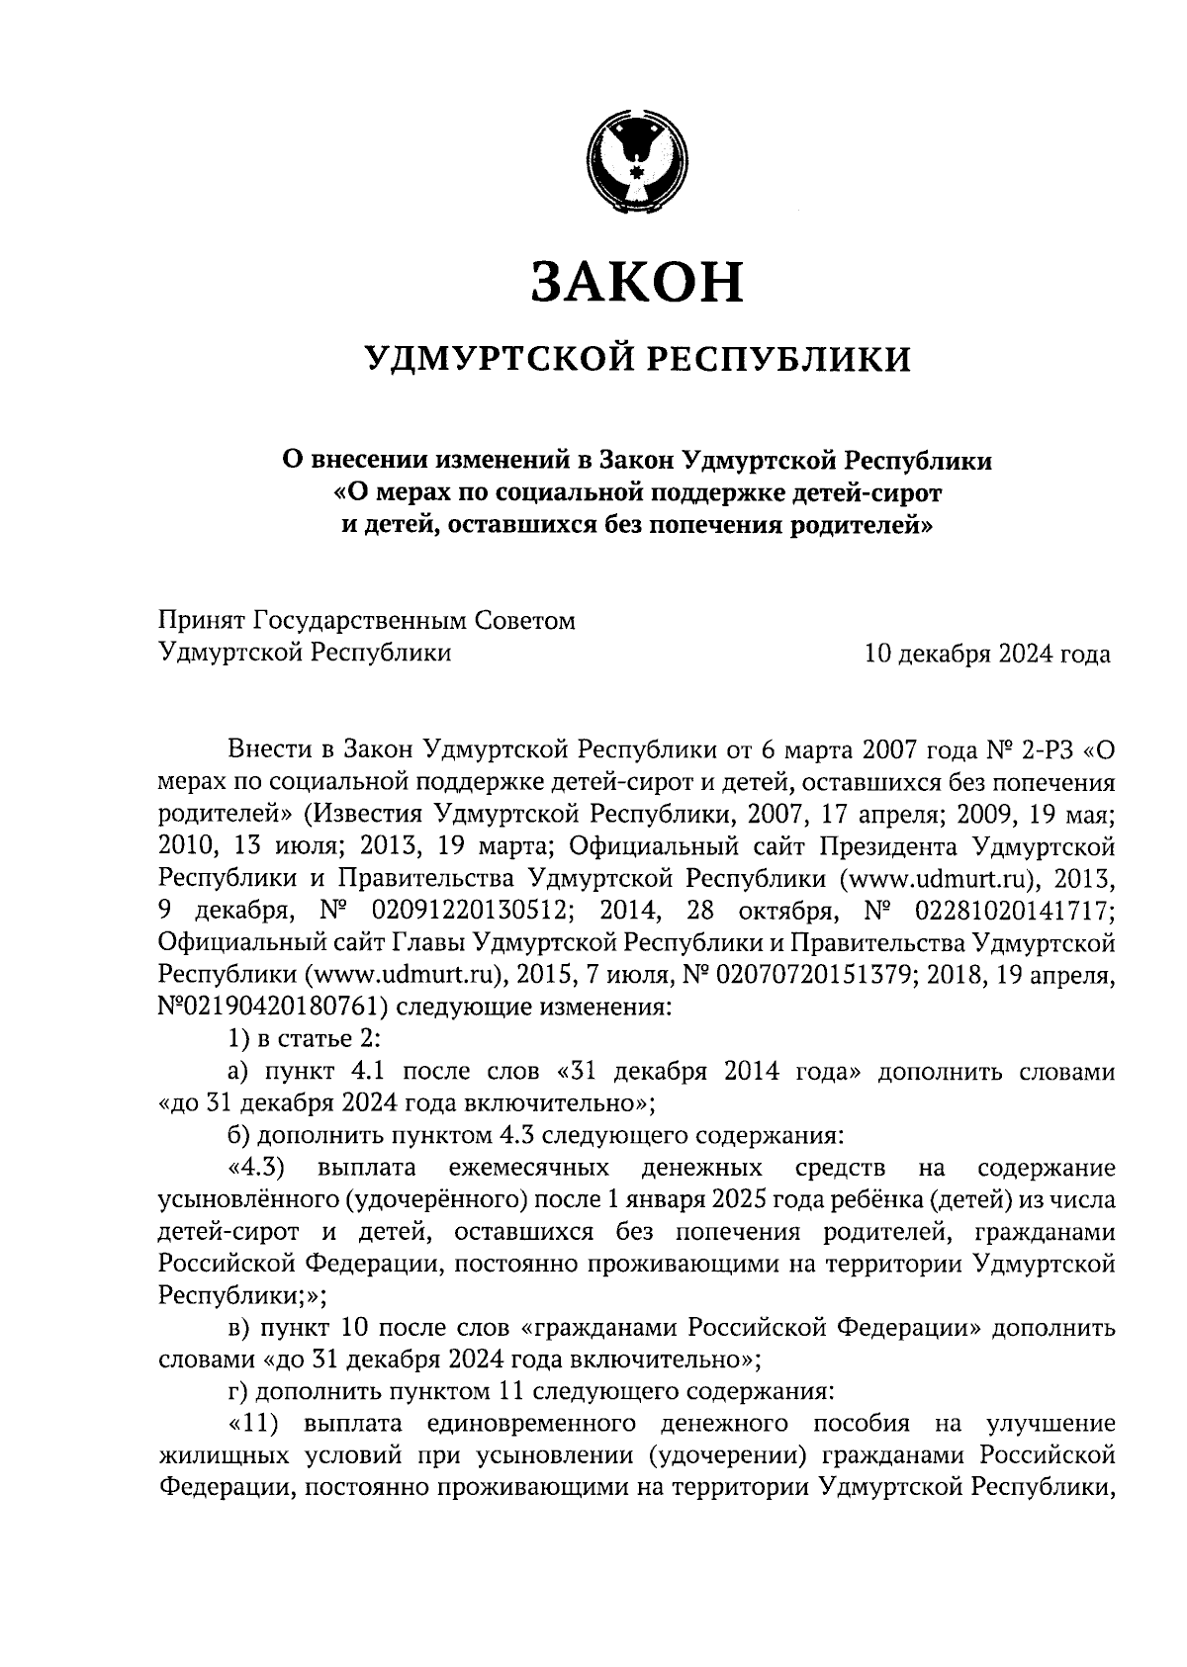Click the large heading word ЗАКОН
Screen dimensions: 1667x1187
pyautogui.click(x=635, y=282)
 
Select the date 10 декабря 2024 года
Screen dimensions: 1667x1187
pyautogui.click(x=986, y=654)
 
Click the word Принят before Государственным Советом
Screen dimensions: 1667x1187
pyautogui.click(x=202, y=621)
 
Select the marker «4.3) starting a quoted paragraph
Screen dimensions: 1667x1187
pyautogui.click(x=255, y=1168)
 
